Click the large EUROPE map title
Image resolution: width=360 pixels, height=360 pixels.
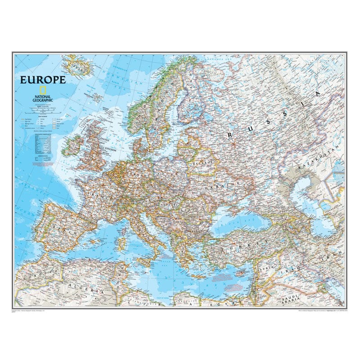point(43,80)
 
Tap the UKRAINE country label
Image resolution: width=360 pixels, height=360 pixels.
point(227,185)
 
